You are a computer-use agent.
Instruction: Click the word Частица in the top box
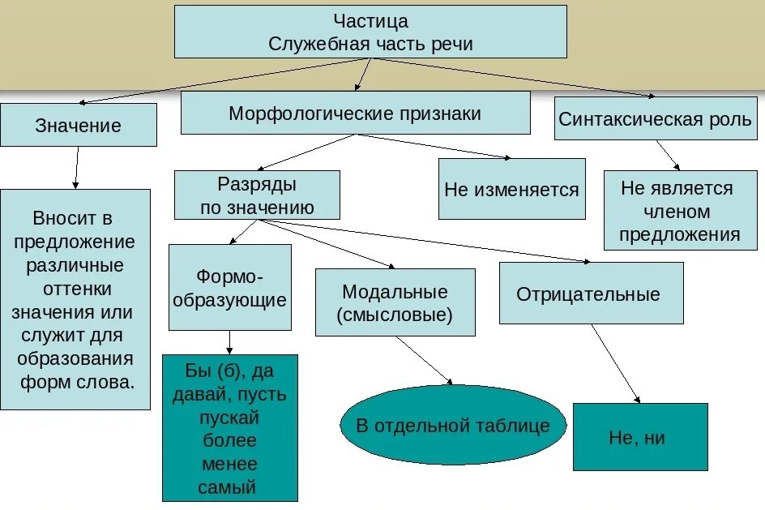(370, 21)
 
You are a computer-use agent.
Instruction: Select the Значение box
(79, 125)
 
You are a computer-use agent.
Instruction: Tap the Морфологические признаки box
(355, 113)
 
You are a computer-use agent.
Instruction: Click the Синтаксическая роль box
(655, 119)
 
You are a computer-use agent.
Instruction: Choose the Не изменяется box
(511, 190)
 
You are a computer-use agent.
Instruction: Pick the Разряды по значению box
(257, 195)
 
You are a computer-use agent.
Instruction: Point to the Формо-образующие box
(230, 287)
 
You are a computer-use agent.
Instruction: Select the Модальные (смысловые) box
(395, 302)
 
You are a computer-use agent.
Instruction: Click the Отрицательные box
(591, 294)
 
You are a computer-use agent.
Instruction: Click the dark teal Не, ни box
(639, 437)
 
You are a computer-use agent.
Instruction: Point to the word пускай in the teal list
(229, 418)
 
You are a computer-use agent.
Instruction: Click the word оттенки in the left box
(75, 288)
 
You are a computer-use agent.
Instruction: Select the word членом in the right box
(679, 212)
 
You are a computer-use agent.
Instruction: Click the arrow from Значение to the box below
(76, 168)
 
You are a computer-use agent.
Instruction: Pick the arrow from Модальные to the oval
(424, 358)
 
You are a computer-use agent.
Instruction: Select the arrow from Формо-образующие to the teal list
(231, 342)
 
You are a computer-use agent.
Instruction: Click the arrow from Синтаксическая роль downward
(668, 154)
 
